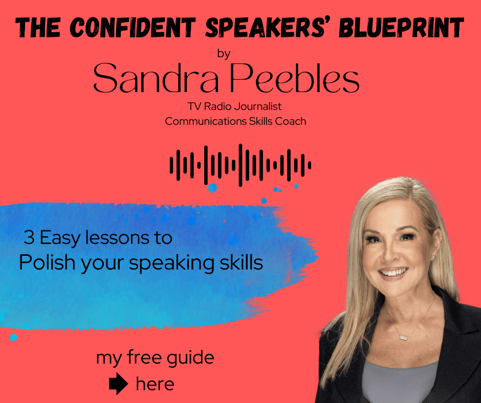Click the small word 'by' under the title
pyautogui.click(x=224, y=54)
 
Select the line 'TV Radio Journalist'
pyautogui.click(x=235, y=107)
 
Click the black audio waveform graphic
pyautogui.click(x=240, y=165)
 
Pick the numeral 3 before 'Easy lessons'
pyautogui.click(x=28, y=238)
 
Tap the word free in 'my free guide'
pyautogui.click(x=140, y=358)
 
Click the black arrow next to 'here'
pyautogui.click(x=118, y=384)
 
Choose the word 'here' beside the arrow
pyautogui.click(x=155, y=384)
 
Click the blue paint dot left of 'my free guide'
pyautogui.click(x=13, y=338)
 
